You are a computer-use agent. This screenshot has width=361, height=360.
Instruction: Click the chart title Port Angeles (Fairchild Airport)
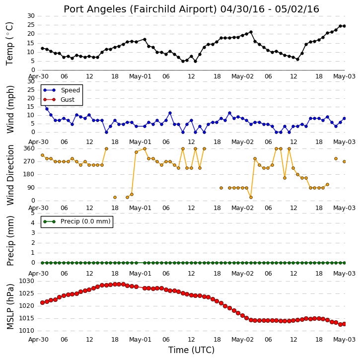pyautogui.click(x=140, y=9)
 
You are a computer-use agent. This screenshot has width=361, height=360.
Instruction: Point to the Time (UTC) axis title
pyautogui.click(x=191, y=350)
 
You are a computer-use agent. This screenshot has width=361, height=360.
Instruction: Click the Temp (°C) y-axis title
pyautogui.click(x=9, y=44)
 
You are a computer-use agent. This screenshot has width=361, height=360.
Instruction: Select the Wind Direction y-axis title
pyautogui.click(x=10, y=175)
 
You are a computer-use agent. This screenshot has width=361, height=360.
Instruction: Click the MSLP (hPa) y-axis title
pyautogui.click(x=10, y=306)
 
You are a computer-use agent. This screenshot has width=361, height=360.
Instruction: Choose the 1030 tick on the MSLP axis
pyautogui.click(x=26, y=281)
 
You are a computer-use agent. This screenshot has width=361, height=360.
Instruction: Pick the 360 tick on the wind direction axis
pyautogui.click(x=29, y=148)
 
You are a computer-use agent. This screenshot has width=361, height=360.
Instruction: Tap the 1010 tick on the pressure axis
pyautogui.click(x=26, y=331)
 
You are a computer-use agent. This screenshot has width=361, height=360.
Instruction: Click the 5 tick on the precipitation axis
pyautogui.click(x=33, y=213)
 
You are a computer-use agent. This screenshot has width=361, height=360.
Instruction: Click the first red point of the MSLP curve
pyautogui.click(x=42, y=302)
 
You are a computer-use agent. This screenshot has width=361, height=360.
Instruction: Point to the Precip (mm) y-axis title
pyautogui.click(x=10, y=241)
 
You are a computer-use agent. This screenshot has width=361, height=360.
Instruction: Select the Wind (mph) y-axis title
pyautogui.click(x=10, y=109)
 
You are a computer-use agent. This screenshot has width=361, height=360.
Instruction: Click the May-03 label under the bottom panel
pyautogui.click(x=345, y=340)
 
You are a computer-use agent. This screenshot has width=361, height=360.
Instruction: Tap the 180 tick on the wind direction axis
pyautogui.click(x=29, y=174)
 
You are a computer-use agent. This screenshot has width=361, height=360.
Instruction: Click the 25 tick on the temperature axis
pyautogui.click(x=31, y=25)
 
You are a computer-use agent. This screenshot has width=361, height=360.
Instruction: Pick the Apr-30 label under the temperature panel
pyautogui.click(x=38, y=76)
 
